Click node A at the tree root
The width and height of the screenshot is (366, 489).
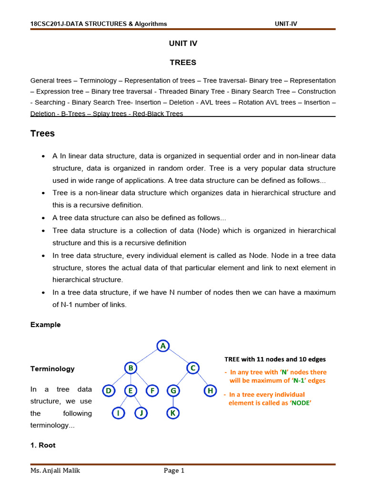pos(163,346)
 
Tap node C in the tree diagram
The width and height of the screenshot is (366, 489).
pos(193,368)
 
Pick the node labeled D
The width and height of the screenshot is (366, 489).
pos(109,391)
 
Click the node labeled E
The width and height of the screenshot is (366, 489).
pos(130,391)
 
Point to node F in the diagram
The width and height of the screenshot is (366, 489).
pos(152,391)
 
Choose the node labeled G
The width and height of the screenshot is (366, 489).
pos(172,391)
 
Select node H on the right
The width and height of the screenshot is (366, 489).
pos(210,391)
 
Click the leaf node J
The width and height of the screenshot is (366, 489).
pos(141,413)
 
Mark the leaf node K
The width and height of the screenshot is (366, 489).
pos(172,413)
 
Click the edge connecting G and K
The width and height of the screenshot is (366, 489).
pos(172,402)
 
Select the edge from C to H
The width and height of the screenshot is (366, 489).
pos(201,380)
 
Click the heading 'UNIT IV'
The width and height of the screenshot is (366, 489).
pos(183,43)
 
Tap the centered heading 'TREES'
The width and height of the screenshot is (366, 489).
pos(183,63)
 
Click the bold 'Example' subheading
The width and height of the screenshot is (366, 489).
pos(46,325)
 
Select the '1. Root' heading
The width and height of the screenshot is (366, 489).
pos(43,445)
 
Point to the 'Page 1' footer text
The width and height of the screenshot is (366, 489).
pos(174,471)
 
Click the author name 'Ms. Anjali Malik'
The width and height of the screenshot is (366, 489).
pos(54,471)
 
